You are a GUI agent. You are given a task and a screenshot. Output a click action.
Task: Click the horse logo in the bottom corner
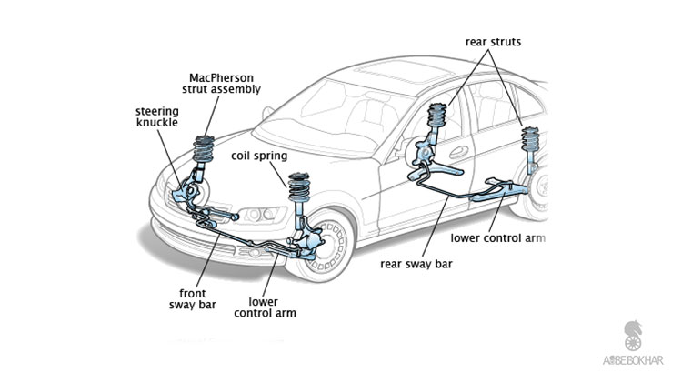point(633,334)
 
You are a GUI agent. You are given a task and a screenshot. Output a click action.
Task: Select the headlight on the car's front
point(258,215)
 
